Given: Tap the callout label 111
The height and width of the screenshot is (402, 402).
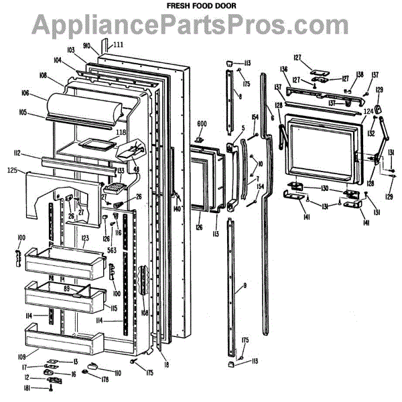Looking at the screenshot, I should coord(119,45).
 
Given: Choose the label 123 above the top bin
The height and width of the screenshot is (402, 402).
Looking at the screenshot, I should coord(85,238).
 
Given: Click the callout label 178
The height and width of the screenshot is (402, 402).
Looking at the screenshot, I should coord(106,380).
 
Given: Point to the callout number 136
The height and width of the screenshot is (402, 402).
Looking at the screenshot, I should coord(283,69).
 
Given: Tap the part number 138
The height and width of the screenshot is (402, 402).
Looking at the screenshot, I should coord(360,74).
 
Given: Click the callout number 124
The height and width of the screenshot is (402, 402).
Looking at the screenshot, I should coord(368,111).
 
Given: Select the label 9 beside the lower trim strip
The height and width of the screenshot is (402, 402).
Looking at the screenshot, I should coord(245,286).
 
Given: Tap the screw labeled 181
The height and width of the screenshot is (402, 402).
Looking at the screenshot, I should coord(52,389).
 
